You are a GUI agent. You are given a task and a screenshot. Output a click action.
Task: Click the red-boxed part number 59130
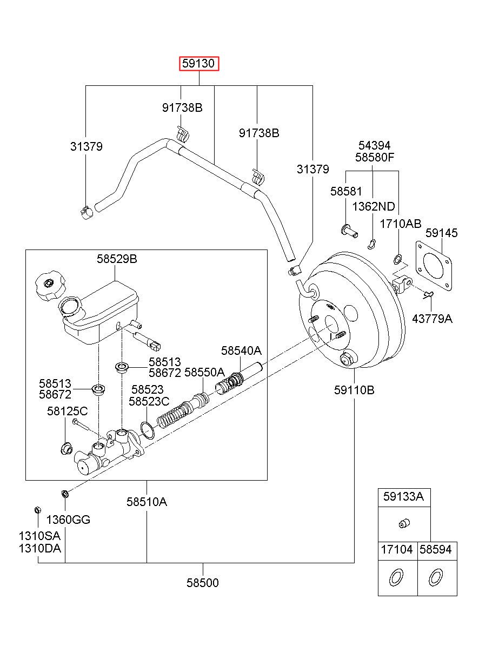click(x=199, y=63)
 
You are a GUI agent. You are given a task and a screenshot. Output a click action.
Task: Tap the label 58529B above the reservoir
click(x=117, y=259)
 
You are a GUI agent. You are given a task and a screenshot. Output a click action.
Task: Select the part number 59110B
click(x=354, y=390)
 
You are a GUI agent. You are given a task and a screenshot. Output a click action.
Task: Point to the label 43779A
click(x=433, y=319)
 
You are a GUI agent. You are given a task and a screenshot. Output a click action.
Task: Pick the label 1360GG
click(x=68, y=520)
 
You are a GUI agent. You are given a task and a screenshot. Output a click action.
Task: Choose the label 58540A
click(x=241, y=350)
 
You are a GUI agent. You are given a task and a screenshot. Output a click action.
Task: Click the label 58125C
click(x=67, y=411)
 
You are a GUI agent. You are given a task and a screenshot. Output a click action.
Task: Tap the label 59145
click(x=441, y=233)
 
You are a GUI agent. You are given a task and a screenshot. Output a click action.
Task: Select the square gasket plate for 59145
click(x=434, y=266)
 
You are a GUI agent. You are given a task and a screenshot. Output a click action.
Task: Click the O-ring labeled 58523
click(x=147, y=430)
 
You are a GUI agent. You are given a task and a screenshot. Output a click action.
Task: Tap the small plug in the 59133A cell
click(x=404, y=523)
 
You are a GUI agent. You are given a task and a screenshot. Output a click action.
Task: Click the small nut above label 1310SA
click(x=38, y=510)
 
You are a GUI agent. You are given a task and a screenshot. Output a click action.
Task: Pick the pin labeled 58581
click(x=349, y=231)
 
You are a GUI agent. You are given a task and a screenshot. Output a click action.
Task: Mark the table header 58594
click(x=435, y=549)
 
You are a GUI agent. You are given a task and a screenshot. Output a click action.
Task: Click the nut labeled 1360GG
click(x=65, y=494)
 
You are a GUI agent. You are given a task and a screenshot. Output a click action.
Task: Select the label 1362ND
click(x=374, y=207)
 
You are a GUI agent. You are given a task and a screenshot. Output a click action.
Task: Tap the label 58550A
click(x=204, y=372)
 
